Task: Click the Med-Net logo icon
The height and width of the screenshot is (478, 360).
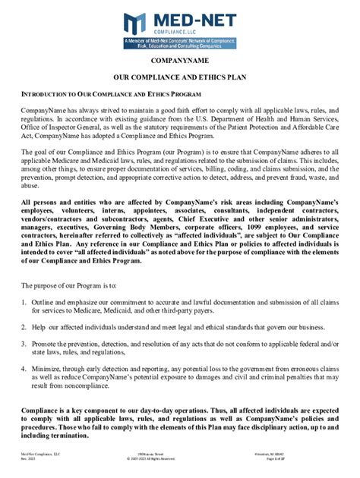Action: coord(135,24)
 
